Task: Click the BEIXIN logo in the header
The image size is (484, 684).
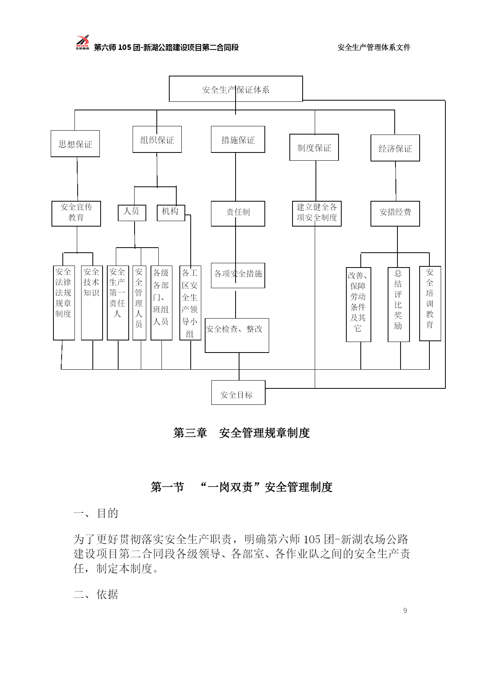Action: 82,43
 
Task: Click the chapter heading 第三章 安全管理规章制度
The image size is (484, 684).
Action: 241,433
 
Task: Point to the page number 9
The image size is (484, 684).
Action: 405,611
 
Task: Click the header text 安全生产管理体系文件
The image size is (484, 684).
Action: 374,48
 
